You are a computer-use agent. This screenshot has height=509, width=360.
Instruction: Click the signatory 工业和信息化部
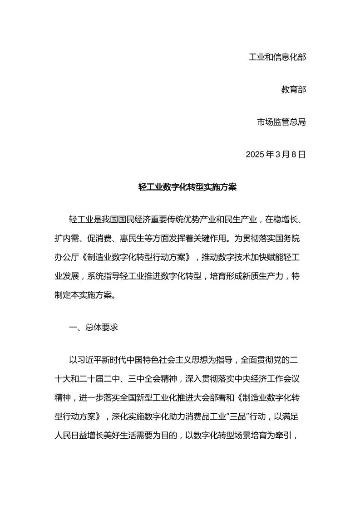point(277,57)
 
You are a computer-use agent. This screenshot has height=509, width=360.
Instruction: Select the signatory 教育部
point(294,90)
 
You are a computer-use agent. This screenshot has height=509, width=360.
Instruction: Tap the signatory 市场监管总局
point(281,122)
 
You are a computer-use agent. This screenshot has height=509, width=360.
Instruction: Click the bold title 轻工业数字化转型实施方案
point(187,187)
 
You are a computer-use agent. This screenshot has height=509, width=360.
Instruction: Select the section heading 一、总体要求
point(94,327)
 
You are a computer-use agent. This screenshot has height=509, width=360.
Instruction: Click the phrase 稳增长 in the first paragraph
point(286,220)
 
